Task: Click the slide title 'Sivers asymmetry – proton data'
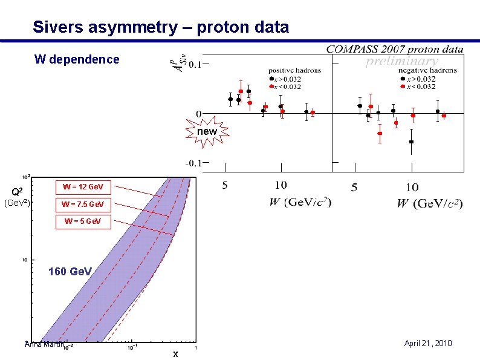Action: (161, 27)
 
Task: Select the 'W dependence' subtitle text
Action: (77, 59)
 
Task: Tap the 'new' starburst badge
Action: (207, 131)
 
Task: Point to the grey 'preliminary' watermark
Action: (402, 61)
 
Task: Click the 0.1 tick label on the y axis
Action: (195, 64)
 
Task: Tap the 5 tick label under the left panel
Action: (225, 185)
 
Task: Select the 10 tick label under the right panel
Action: (411, 188)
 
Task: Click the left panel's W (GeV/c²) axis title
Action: (300, 201)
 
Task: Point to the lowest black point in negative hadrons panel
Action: (411, 142)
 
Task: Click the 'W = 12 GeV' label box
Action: (83, 186)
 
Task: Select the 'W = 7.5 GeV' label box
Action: (83, 204)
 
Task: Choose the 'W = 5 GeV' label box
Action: (83, 221)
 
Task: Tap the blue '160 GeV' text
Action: (70, 272)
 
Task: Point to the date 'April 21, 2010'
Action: (427, 344)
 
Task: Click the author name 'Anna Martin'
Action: (44, 345)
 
